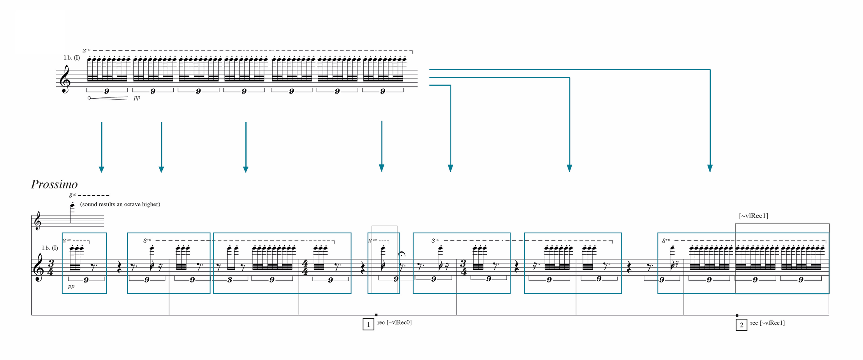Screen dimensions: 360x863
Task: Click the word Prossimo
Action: [x=54, y=184]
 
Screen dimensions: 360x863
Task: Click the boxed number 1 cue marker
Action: [x=368, y=324]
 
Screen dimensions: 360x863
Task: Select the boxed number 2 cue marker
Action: [x=741, y=325]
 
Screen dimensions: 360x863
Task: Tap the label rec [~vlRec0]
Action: [x=394, y=322]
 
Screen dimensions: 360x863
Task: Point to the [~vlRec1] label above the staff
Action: [x=753, y=216]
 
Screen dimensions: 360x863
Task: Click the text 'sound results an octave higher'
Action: [x=120, y=204]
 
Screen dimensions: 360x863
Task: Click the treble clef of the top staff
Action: [x=65, y=79]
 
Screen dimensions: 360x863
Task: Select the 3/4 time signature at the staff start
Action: [x=50, y=268]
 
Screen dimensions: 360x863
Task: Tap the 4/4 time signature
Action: [x=305, y=268]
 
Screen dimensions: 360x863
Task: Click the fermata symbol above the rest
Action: [x=402, y=255]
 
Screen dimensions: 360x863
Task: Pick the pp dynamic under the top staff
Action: [x=137, y=97]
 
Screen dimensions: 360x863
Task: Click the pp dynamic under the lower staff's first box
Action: [x=71, y=286]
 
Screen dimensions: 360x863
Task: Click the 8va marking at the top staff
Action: [x=86, y=50]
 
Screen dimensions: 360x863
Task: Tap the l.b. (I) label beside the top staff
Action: [x=72, y=58]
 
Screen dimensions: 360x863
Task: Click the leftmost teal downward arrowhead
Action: [x=102, y=169]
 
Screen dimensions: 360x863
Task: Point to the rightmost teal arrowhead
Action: [x=710, y=168]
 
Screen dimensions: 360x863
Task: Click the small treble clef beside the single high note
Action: [x=38, y=222]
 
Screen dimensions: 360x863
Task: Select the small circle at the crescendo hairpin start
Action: [x=89, y=98]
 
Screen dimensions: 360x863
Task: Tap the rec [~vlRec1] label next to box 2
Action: [x=767, y=323]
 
